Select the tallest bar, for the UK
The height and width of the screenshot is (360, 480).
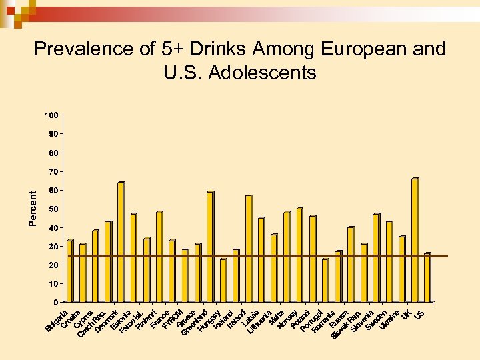pos(415,240)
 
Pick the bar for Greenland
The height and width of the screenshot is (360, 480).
pos(197,273)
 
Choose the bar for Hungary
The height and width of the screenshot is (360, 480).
pos(210,247)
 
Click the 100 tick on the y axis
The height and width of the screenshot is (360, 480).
pos(51,115)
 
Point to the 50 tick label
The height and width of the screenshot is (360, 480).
pos(53,209)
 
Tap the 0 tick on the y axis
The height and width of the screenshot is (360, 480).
pos(55,303)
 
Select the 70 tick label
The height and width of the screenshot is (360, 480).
pos(53,172)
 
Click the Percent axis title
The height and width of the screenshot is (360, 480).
pos(33,206)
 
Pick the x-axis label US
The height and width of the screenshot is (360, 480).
pos(420,313)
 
